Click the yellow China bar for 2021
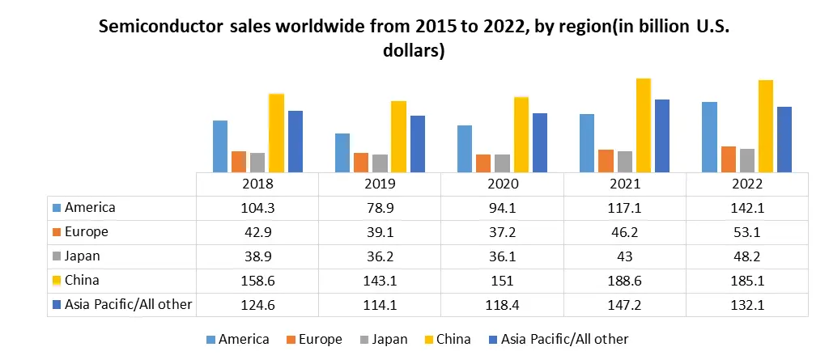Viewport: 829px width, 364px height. click(644, 125)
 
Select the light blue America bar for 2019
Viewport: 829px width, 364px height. click(342, 153)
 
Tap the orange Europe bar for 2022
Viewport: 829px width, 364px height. click(728, 159)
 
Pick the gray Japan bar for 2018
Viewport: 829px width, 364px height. click(257, 163)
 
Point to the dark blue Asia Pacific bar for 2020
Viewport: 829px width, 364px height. click(540, 142)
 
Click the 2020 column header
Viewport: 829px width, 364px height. click(503, 184)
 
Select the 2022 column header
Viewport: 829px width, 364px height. click(746, 184)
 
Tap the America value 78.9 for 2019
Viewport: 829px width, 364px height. click(380, 208)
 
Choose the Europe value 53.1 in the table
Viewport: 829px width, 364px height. click(746, 232)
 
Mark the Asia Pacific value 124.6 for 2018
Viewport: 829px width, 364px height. click(257, 305)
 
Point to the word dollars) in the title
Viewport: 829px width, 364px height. click(414, 50)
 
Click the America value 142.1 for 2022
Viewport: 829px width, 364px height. click(746, 208)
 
